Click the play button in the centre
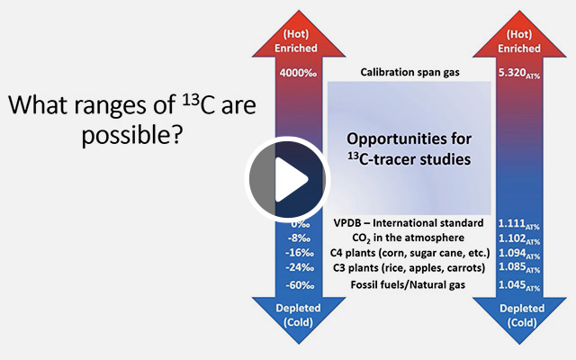[x=287, y=180]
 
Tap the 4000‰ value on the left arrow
[x=298, y=73]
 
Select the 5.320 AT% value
[x=519, y=74]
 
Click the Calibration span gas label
[x=409, y=72]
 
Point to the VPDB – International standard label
[x=409, y=223]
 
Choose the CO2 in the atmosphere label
[x=408, y=238]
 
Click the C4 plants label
[x=410, y=253]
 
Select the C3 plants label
[x=409, y=268]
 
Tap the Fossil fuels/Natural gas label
[x=408, y=284]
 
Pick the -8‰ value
[x=299, y=238]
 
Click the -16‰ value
[x=300, y=253]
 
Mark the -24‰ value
[x=300, y=267]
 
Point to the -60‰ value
[x=300, y=284]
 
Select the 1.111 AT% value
[x=519, y=224]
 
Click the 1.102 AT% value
[x=519, y=238]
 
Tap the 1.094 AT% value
[x=519, y=254]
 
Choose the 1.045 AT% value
[x=519, y=285]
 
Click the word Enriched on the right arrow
[x=519, y=49]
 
